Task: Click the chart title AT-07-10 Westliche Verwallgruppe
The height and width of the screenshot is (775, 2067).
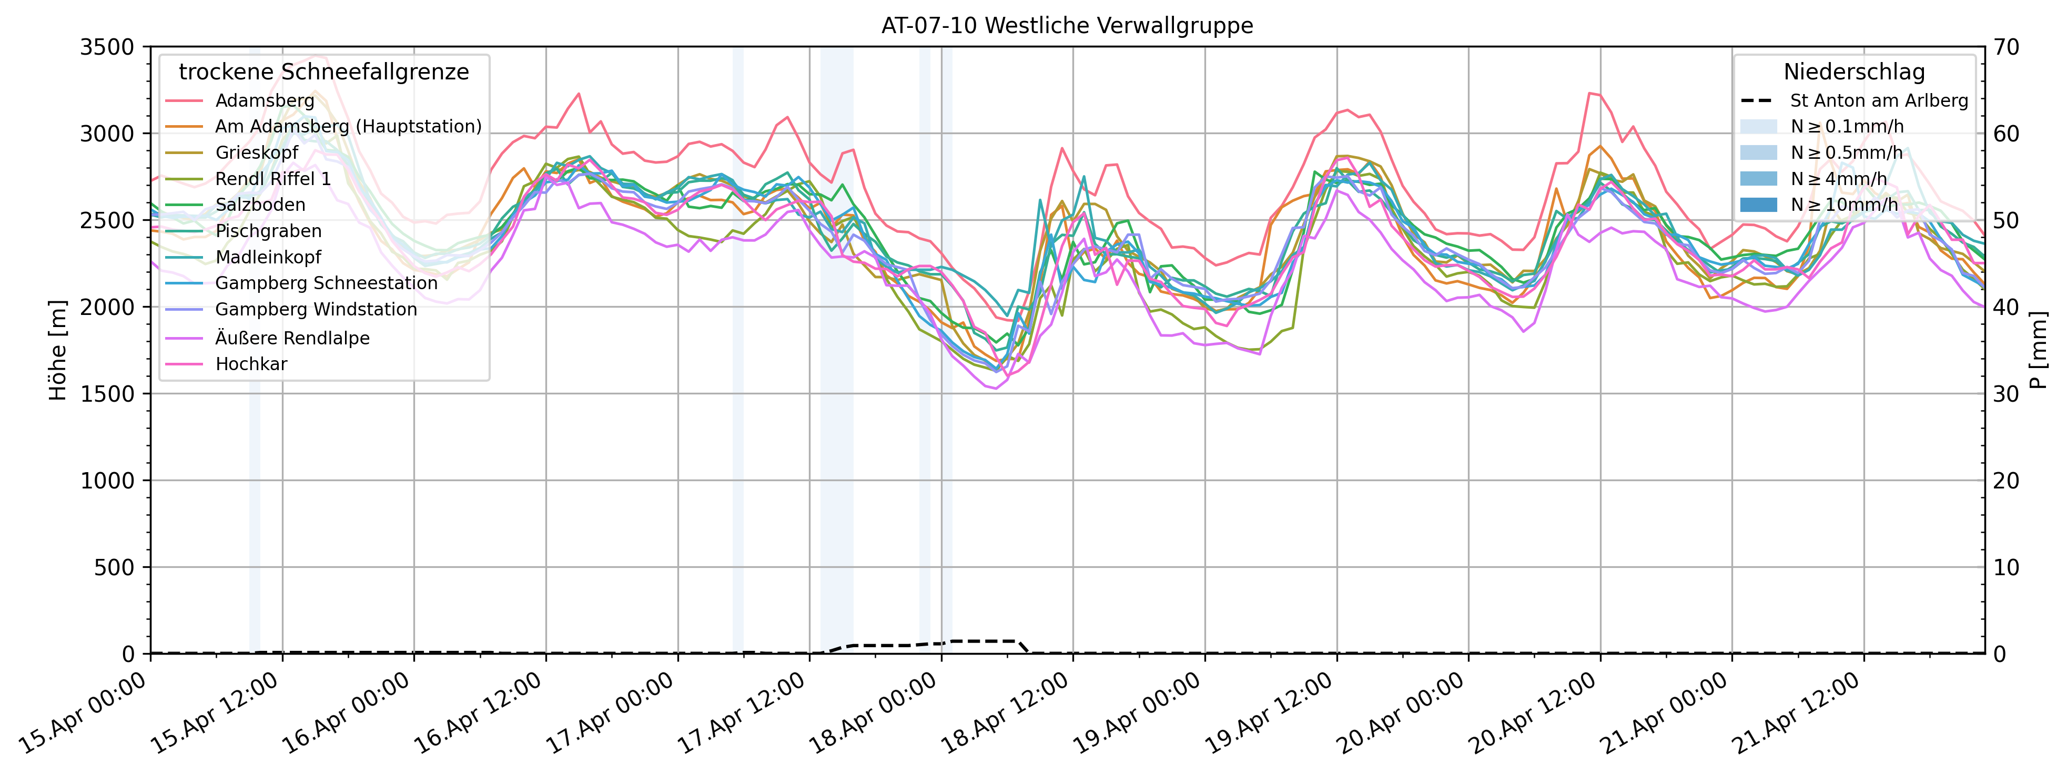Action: [x=1067, y=26]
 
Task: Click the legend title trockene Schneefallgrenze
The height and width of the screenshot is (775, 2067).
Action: [x=323, y=72]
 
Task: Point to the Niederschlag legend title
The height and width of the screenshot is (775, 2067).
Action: [x=1853, y=72]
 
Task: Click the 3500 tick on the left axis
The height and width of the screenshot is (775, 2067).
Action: [x=107, y=47]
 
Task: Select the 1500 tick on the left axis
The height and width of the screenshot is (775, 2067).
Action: [x=107, y=394]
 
